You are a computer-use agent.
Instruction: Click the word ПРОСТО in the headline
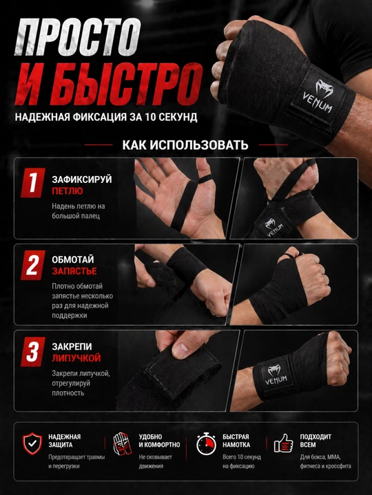coord(78,37)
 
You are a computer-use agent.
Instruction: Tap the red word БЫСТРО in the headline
coord(127,85)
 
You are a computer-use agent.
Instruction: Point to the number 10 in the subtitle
coord(151,117)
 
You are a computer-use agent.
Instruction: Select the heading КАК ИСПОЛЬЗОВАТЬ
coord(185,145)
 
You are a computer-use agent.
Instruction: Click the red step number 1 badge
coord(32,183)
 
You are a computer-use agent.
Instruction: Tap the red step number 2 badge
coord(32,265)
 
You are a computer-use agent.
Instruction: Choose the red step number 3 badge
coord(32,352)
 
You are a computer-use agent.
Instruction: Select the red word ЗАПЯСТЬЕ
coord(74,271)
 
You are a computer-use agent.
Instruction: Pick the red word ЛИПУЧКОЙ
coord(76,358)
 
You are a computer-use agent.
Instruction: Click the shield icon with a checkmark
coord(32,443)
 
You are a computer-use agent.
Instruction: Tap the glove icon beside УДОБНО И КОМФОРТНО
coord(123,443)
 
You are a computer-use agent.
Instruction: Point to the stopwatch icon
coord(206,443)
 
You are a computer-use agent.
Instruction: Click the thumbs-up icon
coord(283,443)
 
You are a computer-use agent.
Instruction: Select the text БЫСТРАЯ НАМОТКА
coord(236,441)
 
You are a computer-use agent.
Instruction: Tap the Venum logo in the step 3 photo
coord(276,375)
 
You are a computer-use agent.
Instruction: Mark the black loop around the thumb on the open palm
coord(205,179)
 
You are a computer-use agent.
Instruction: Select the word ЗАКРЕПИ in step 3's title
coord(72,346)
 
